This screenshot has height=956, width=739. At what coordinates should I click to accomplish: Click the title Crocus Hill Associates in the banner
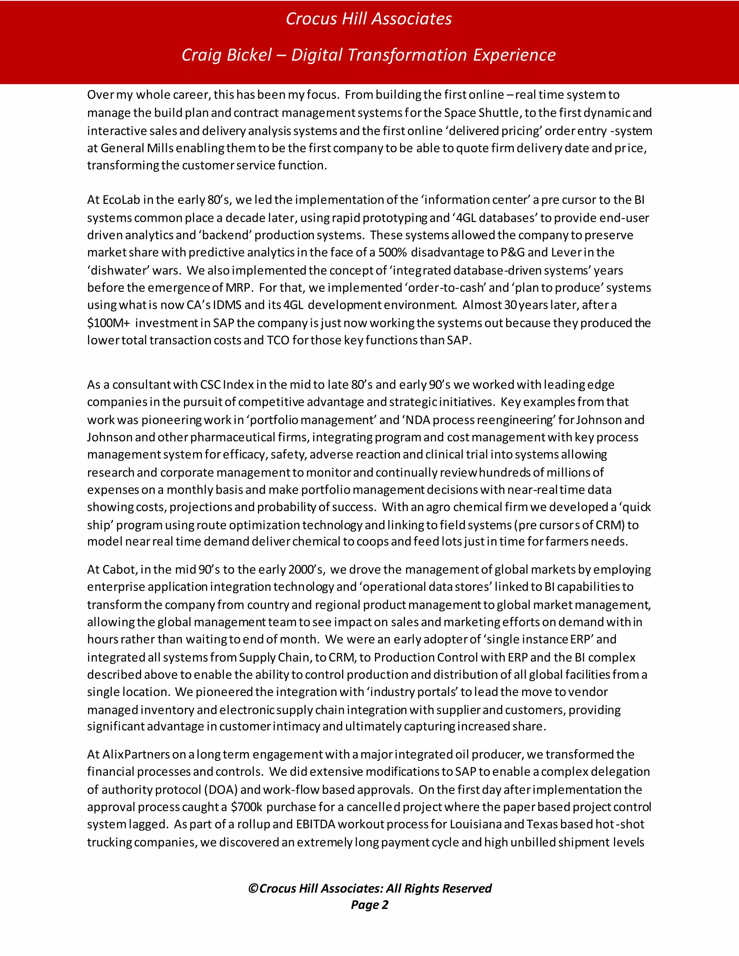[369, 19]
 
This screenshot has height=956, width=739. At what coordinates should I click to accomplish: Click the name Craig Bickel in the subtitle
[227, 55]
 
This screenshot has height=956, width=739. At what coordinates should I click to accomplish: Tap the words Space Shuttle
[482, 113]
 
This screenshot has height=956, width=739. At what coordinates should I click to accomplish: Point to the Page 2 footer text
[369, 905]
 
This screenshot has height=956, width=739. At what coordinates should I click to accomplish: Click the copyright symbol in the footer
[253, 889]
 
